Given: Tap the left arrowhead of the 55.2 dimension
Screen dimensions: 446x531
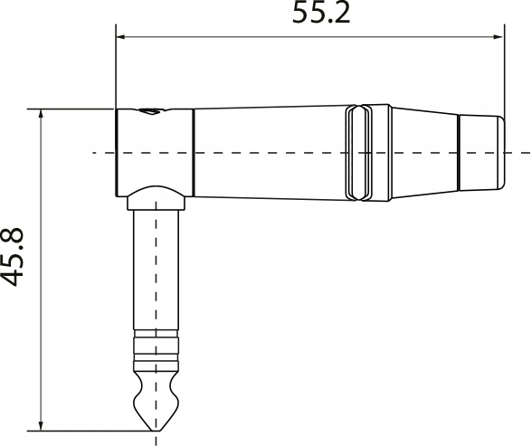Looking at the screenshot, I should click(x=122, y=38).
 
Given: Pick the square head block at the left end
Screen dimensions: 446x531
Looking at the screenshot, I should click(x=154, y=149).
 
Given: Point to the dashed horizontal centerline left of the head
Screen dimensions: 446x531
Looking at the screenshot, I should click(x=103, y=153).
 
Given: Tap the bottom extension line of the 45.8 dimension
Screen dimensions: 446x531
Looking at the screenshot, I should click(x=90, y=428).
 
